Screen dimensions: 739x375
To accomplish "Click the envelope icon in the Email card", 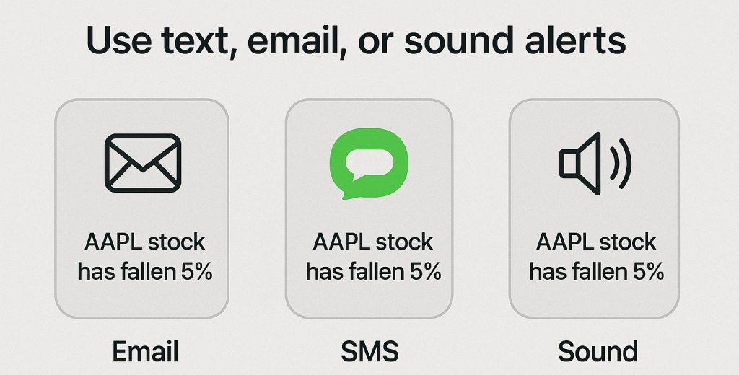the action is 143,163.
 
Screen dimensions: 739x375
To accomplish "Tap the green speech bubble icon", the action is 369,164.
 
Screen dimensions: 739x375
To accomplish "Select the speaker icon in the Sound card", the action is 595,163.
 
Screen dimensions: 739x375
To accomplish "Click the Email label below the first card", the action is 145,351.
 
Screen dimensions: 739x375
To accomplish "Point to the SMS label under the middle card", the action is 369,351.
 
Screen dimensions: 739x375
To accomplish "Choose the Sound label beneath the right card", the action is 598,351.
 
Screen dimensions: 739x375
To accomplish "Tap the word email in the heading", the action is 294,41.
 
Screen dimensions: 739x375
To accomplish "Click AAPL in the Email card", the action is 113,242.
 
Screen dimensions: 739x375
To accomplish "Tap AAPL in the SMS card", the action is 341,242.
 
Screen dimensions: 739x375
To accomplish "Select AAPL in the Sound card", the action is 564,242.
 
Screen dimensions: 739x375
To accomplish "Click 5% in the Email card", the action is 196,272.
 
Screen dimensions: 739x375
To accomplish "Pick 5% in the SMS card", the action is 424,272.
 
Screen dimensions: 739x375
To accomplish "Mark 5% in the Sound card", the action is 648,272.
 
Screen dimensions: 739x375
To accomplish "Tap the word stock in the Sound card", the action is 627,242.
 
